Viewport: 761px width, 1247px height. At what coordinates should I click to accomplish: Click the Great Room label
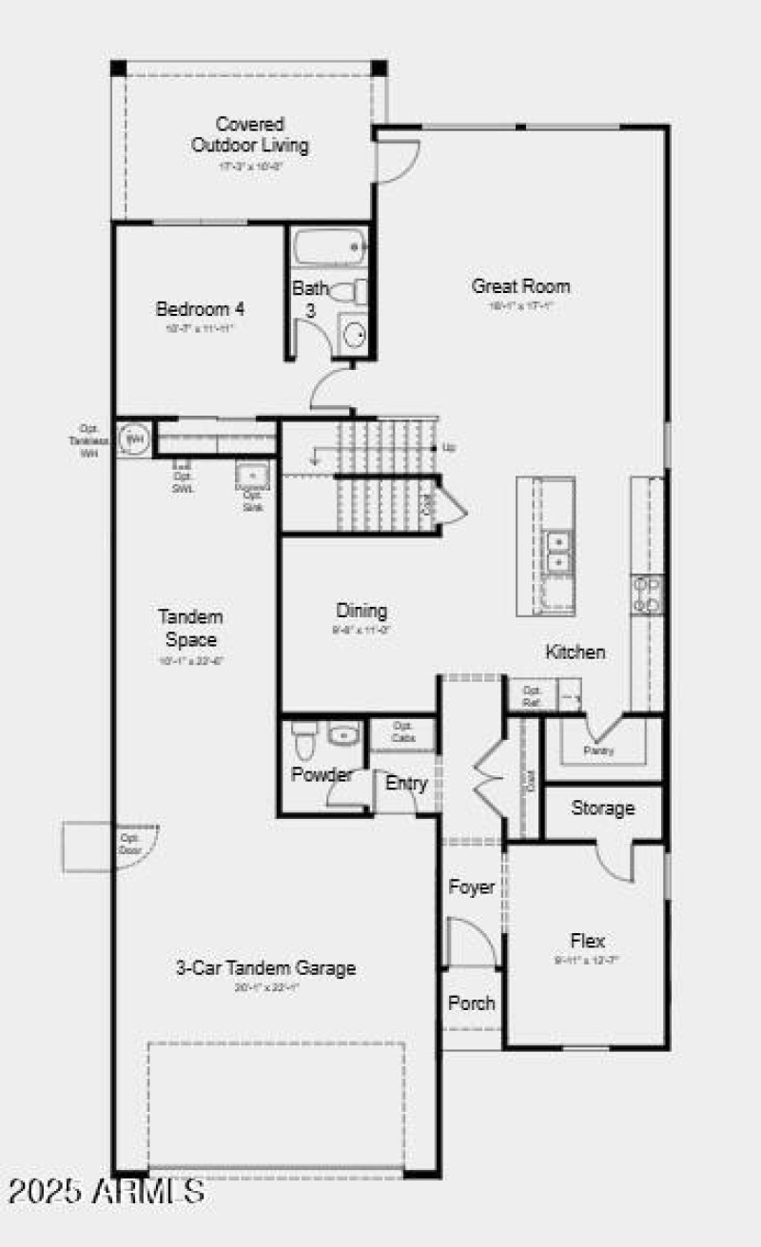[x=521, y=286]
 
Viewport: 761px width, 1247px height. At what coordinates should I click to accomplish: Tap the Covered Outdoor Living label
[x=250, y=135]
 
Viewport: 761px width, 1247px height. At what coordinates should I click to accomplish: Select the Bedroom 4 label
[x=201, y=309]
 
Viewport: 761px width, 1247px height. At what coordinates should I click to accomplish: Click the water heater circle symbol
[x=134, y=438]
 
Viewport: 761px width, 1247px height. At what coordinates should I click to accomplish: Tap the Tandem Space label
[x=191, y=628]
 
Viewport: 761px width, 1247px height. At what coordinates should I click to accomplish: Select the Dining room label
[x=361, y=611]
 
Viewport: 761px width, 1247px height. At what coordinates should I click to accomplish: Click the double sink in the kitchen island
[x=558, y=553]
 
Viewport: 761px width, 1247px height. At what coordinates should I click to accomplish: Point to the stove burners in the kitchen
[x=649, y=594]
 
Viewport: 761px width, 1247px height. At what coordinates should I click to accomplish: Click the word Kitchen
[x=575, y=653]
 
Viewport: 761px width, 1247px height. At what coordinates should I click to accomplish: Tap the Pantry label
[x=598, y=750]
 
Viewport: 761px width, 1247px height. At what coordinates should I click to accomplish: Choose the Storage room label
[x=602, y=809]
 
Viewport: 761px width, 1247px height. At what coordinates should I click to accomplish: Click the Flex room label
[x=588, y=941]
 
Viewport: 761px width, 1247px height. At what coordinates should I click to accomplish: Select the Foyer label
[x=472, y=887]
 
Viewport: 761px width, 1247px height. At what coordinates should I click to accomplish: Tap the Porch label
[x=472, y=1003]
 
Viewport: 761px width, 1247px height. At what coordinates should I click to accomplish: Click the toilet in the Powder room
[x=304, y=737]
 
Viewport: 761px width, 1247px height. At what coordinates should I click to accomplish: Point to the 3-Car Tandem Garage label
[x=266, y=968]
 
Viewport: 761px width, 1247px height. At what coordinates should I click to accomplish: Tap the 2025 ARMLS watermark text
[x=107, y=1190]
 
